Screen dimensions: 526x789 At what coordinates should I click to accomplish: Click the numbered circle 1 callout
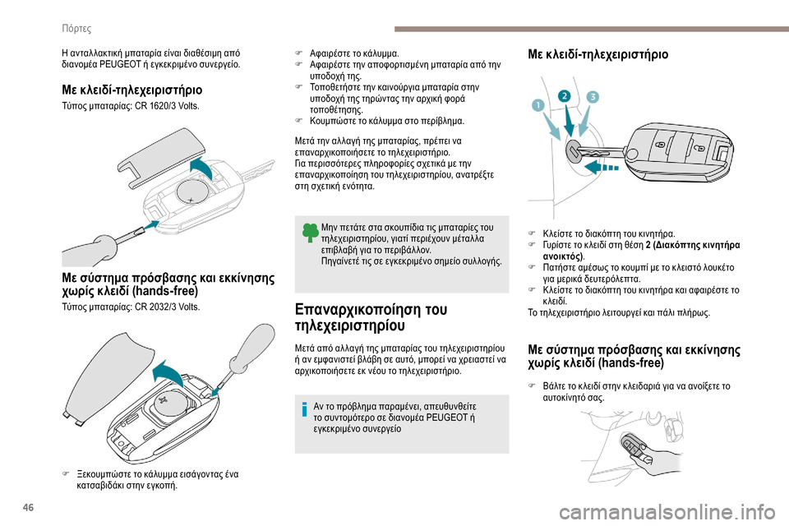pos(537,105)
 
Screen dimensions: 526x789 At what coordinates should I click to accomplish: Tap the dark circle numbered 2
pos(565,96)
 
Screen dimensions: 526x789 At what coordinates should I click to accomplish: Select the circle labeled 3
pos(593,96)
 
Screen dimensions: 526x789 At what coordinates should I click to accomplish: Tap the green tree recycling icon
pos(307,233)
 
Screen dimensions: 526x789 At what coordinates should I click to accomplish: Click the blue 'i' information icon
pos(307,410)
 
